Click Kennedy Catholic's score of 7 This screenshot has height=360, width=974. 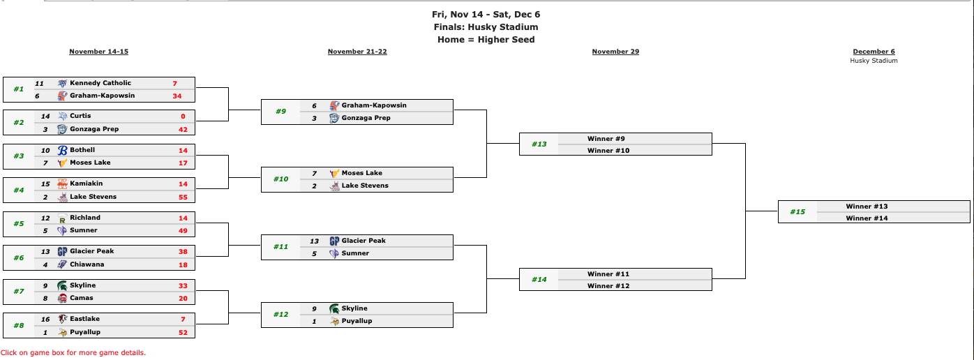tap(174, 83)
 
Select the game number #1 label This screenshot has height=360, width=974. tap(18, 89)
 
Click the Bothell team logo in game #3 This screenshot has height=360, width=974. tap(62, 150)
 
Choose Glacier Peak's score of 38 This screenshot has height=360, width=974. tap(183, 251)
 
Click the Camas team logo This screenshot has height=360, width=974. tap(62, 298)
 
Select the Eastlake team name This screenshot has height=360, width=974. tap(85, 319)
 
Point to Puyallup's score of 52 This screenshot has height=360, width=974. tap(183, 332)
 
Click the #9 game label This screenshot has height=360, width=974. tap(280, 112)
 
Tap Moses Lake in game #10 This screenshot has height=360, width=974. tap(361, 173)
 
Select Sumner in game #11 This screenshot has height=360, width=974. tap(355, 253)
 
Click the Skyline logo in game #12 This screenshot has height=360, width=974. tap(334, 308)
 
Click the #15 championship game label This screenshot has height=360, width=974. tap(797, 212)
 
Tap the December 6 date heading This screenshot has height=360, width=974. tap(874, 52)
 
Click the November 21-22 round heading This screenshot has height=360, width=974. tap(357, 52)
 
